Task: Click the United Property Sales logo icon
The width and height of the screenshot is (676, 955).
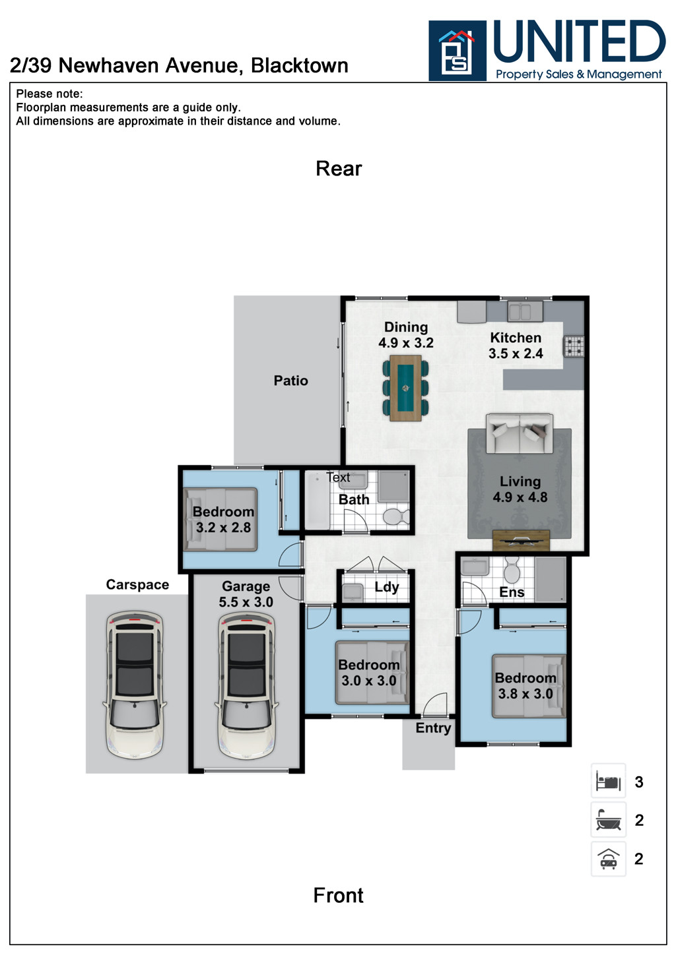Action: click(x=457, y=51)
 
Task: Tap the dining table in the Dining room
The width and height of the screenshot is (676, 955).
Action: click(x=405, y=388)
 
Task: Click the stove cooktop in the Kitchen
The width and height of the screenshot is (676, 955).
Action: click(x=573, y=346)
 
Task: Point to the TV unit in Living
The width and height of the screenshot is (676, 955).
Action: click(x=521, y=540)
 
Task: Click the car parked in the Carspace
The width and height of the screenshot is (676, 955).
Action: click(x=135, y=684)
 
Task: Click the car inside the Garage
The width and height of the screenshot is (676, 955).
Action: click(x=246, y=684)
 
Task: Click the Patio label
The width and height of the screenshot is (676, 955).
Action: click(x=290, y=381)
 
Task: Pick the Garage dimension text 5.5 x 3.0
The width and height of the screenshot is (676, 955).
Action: click(x=246, y=602)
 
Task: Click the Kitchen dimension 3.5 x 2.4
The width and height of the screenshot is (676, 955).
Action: click(x=515, y=354)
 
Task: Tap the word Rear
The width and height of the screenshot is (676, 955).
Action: click(x=339, y=169)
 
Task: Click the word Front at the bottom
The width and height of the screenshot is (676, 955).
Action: click(x=338, y=895)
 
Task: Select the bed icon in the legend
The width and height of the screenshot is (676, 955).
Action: click(x=608, y=782)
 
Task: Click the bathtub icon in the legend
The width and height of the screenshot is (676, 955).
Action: click(x=608, y=820)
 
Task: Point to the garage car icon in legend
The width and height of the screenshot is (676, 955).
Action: click(x=608, y=859)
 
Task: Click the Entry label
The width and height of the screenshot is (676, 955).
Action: click(x=433, y=728)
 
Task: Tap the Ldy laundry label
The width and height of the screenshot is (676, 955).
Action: click(x=387, y=587)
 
